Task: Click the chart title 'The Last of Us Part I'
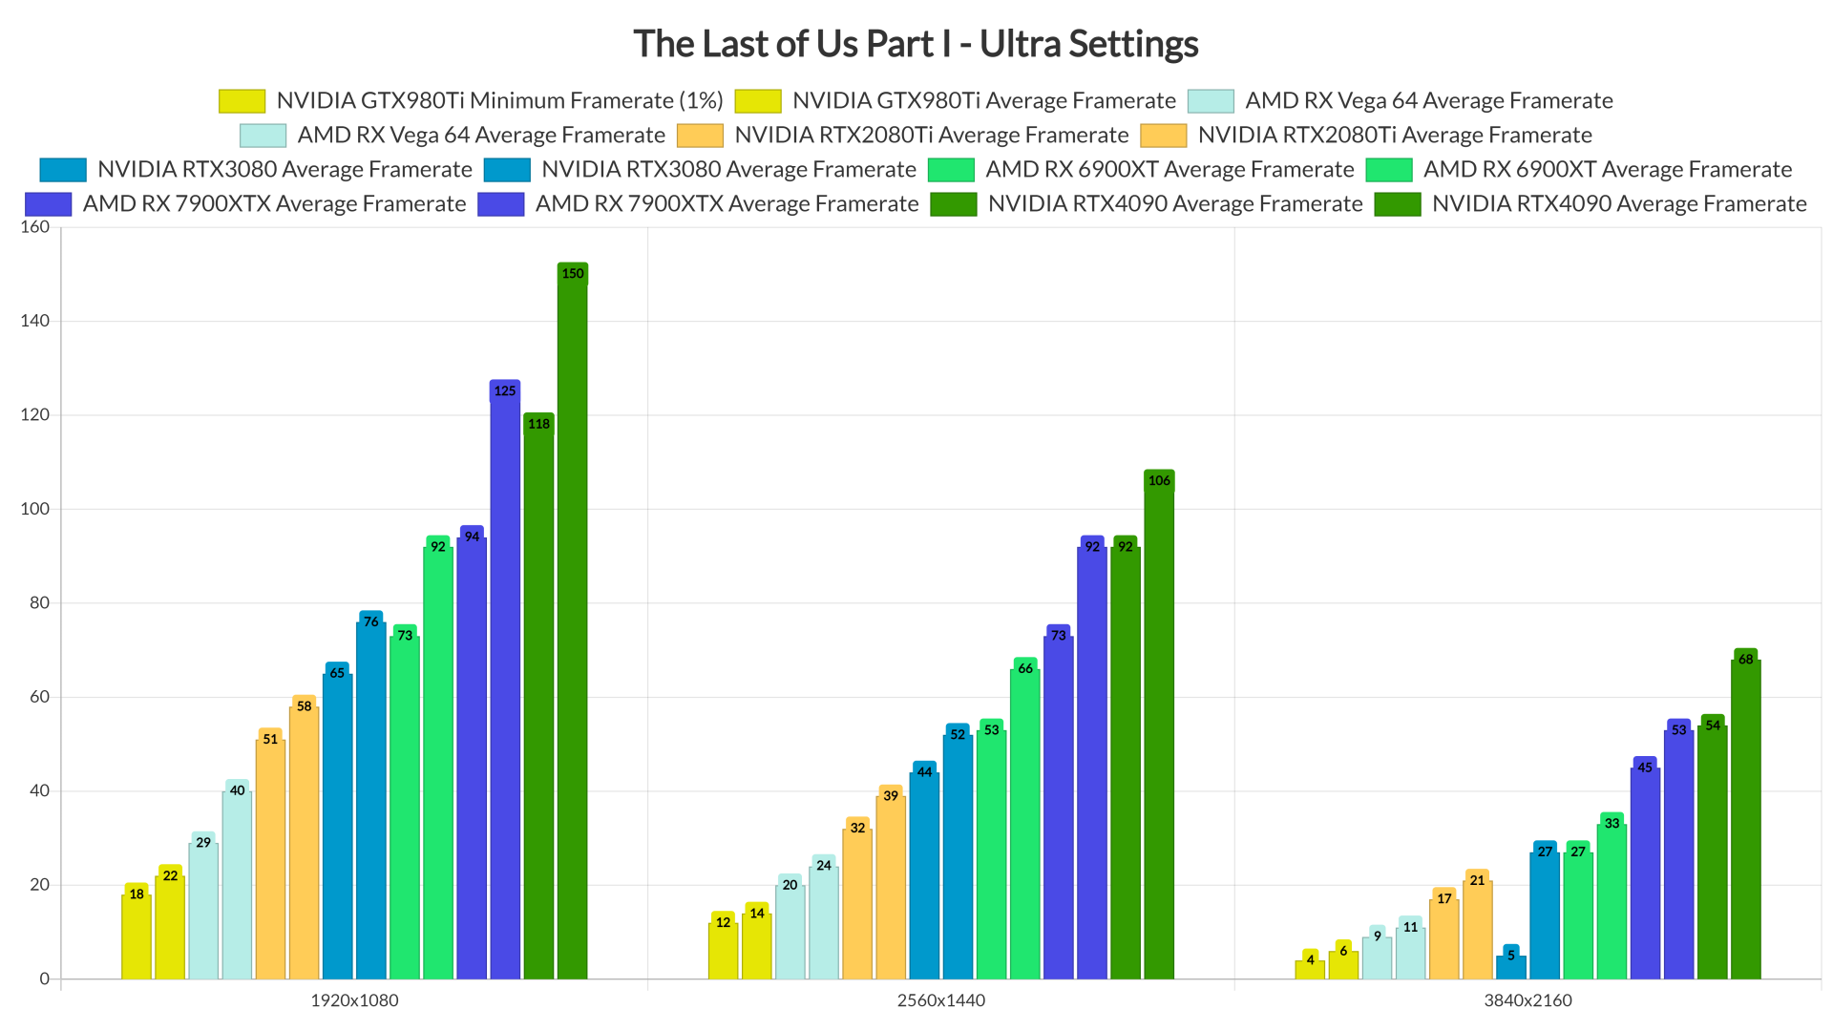click(x=915, y=44)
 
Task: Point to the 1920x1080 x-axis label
click(x=354, y=1000)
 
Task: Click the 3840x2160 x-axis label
click(x=1527, y=1000)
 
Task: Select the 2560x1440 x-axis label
click(x=940, y=1000)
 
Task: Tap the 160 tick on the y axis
click(x=34, y=227)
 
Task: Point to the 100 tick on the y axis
click(x=34, y=509)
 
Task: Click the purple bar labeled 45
click(x=1645, y=869)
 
